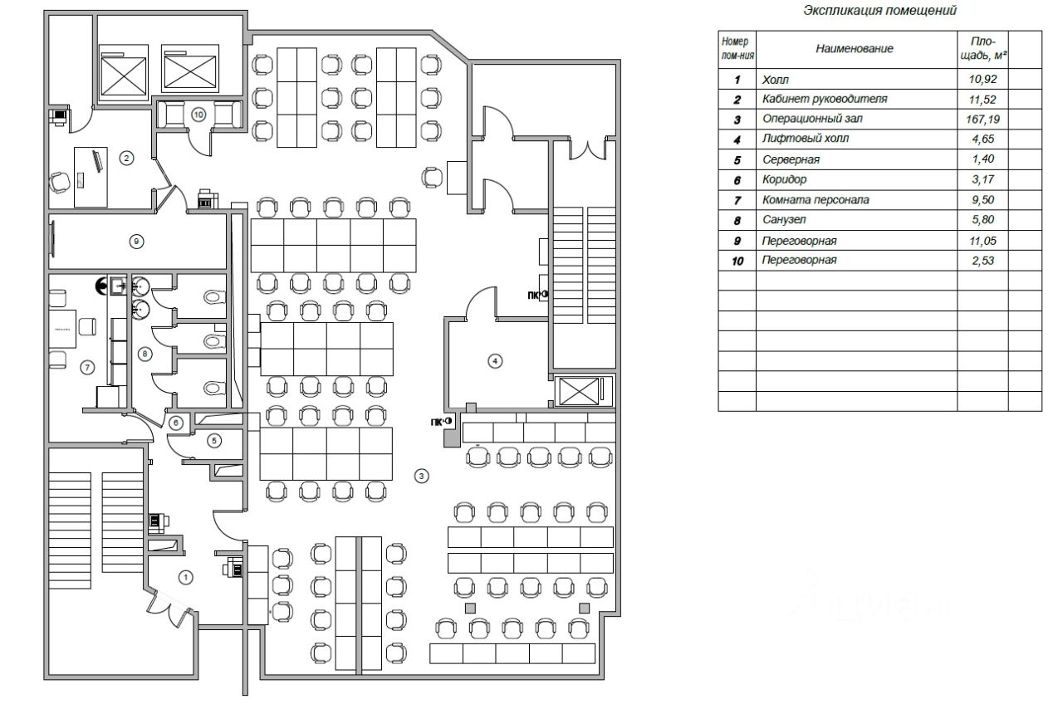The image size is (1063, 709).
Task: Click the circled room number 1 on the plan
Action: (x=186, y=576)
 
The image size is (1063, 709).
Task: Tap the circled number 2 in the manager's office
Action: (x=126, y=158)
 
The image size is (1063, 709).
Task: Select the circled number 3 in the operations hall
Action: (x=422, y=476)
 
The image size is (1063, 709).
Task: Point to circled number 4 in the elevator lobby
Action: (x=495, y=361)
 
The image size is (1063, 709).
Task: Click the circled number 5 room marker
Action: (x=213, y=441)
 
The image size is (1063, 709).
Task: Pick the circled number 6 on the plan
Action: (x=176, y=423)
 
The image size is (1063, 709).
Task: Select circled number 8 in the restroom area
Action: (x=145, y=354)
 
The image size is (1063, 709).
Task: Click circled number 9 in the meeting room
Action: (x=138, y=242)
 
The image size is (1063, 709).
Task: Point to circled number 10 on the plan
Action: (x=198, y=115)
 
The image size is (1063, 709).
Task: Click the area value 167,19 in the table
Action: (x=983, y=120)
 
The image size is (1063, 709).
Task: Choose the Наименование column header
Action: (x=854, y=49)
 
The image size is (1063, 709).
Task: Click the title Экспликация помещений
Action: (x=879, y=11)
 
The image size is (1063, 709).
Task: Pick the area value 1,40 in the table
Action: (x=983, y=159)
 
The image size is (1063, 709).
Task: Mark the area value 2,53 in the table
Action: (x=983, y=261)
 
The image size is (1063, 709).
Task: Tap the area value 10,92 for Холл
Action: (x=983, y=80)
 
